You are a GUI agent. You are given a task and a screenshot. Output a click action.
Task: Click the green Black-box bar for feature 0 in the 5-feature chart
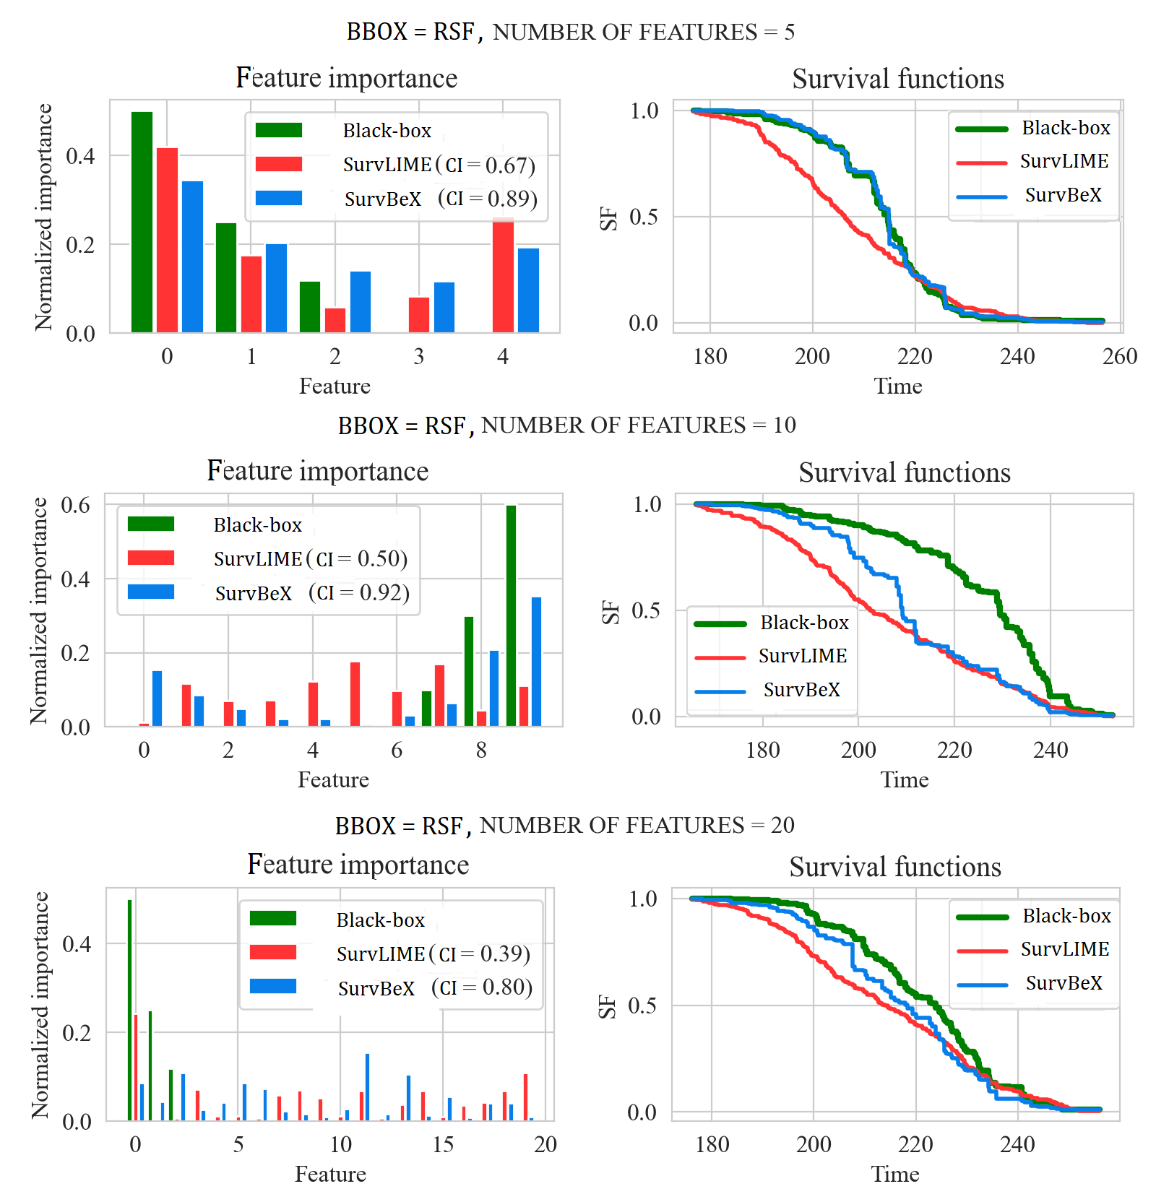(142, 222)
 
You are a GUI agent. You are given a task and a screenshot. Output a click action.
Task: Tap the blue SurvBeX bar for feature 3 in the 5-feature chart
(444, 308)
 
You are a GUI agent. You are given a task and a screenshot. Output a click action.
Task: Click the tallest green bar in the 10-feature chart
(512, 615)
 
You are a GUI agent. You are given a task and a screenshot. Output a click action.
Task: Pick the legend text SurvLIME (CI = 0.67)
(439, 165)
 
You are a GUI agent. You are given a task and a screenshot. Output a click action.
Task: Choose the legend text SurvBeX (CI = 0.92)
(312, 593)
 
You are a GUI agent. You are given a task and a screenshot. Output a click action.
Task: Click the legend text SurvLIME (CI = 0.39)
(433, 954)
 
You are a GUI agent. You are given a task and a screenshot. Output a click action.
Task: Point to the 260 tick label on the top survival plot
(1120, 356)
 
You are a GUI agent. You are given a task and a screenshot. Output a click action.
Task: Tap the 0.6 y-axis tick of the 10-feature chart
(76, 505)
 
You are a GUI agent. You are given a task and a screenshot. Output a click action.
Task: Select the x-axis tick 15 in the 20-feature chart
(443, 1144)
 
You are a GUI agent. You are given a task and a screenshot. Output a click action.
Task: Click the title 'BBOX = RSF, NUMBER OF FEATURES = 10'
(566, 425)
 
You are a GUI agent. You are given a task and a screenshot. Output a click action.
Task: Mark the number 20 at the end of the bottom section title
(782, 825)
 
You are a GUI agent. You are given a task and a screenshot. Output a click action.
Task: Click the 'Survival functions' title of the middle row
(905, 472)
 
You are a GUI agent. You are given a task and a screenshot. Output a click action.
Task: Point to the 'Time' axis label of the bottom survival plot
(895, 1174)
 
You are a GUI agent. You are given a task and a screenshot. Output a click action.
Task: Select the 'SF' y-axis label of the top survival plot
(609, 217)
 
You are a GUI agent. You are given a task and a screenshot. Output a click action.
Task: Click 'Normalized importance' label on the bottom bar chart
(40, 1005)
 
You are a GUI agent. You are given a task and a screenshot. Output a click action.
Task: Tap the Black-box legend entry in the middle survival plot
(803, 623)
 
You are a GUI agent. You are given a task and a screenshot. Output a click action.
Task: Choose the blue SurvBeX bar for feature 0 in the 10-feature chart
(158, 699)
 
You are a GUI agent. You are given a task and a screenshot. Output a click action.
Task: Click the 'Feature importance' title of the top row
(347, 78)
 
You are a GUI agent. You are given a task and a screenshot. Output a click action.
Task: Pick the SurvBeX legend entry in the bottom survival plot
(1064, 983)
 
